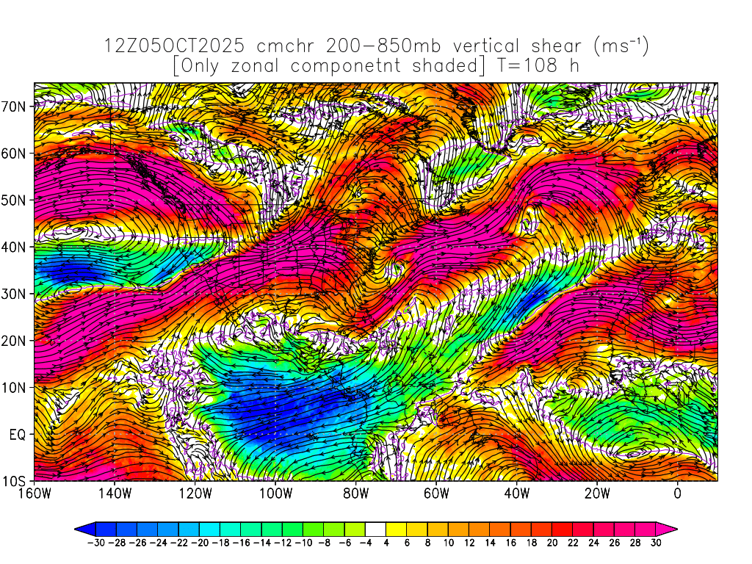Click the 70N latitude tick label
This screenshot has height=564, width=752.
pos(16,106)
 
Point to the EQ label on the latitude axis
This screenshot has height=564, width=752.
pos(19,434)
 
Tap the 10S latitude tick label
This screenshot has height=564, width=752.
pos(16,481)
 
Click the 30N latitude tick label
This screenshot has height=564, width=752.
pos(16,294)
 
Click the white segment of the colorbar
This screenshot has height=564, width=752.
pos(375,527)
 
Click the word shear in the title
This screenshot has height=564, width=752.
pos(549,46)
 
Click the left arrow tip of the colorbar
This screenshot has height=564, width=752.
pos(76,527)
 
